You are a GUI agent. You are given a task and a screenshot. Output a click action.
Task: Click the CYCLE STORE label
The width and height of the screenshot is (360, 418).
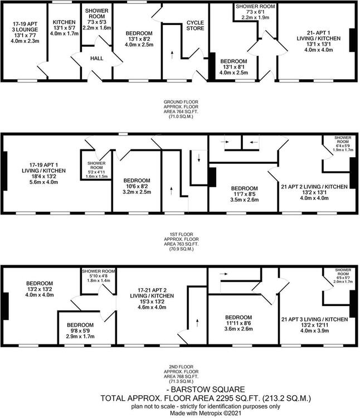click(x=195, y=25)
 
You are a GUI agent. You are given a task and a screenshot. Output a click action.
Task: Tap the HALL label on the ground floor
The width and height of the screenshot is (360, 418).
click(x=97, y=59)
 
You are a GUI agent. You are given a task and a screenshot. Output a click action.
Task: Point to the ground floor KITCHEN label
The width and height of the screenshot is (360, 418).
click(x=64, y=22)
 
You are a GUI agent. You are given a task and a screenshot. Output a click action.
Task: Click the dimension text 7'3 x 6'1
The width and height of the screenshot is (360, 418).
click(x=255, y=12)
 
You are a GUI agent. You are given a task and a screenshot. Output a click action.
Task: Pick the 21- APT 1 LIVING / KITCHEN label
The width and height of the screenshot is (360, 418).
click(x=319, y=36)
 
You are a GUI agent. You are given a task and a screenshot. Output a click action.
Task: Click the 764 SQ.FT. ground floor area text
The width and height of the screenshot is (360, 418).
click(x=181, y=111)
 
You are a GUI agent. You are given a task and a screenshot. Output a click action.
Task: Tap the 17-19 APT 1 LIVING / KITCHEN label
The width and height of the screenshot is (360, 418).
click(x=43, y=168)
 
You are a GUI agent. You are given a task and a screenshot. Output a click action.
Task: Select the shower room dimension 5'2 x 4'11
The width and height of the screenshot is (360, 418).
click(x=96, y=172)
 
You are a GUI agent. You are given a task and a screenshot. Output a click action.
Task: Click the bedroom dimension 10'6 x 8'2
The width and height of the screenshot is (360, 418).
click(x=137, y=186)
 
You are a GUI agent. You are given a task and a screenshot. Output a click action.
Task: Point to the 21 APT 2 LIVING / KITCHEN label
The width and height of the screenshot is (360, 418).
click(x=314, y=187)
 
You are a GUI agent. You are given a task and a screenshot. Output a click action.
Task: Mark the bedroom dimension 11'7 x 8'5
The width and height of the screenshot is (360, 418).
click(x=244, y=194)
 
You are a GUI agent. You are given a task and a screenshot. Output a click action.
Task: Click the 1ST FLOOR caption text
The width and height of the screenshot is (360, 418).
click(x=181, y=234)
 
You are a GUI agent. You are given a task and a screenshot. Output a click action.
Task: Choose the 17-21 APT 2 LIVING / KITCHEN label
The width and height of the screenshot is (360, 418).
click(x=152, y=293)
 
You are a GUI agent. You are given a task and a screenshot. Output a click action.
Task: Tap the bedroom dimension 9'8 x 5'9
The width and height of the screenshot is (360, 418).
click(x=80, y=330)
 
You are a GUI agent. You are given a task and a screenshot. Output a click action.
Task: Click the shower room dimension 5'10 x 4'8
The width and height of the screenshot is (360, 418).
click(x=98, y=276)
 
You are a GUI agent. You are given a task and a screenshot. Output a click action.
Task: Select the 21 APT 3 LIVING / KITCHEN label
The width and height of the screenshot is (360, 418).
click(x=315, y=319)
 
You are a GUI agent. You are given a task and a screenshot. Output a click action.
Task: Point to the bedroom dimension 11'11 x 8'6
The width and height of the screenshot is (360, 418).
click(x=239, y=323)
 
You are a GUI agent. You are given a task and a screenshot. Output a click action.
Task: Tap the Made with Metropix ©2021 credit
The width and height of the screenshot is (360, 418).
click(x=206, y=413)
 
